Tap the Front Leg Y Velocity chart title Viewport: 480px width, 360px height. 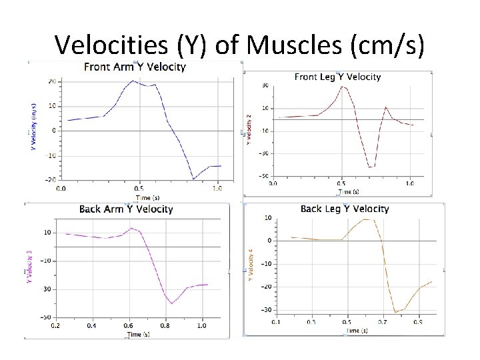coord(337,77)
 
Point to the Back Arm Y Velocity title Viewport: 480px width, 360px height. coord(126,209)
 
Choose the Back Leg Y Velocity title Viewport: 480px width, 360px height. coord(345,209)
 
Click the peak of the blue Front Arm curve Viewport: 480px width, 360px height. coord(133,81)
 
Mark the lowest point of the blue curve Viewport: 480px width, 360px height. coord(193,179)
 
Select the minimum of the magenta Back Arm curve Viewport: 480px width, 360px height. coord(171,303)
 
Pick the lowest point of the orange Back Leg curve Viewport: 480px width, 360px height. coord(395,312)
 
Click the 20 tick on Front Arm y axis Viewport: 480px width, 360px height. coord(51,81)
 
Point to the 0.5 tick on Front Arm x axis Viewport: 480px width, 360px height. coord(139,189)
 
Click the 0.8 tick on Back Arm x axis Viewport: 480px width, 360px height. coord(165,325)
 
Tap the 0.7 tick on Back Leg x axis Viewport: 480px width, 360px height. coord(381,322)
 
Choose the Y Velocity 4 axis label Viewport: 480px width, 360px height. coord(250,264)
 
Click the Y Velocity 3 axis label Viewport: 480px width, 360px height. coord(29,267)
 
